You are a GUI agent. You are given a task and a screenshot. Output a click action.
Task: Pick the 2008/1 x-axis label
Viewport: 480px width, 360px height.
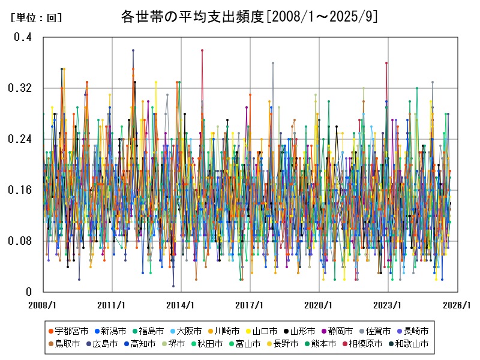click(x=43, y=305)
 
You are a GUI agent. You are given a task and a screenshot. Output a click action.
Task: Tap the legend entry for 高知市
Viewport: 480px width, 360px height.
click(x=143, y=344)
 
